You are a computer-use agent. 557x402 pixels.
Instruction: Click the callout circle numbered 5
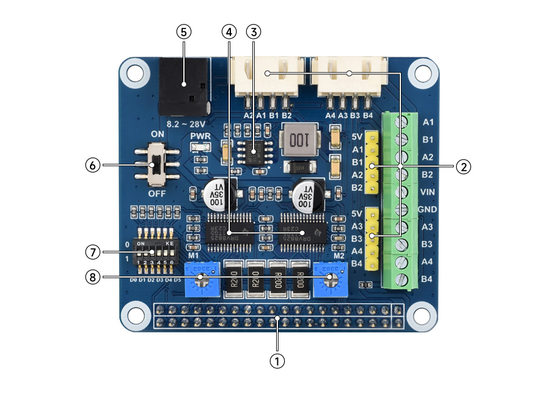click(x=183, y=32)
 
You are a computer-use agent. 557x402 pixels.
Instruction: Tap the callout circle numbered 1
click(x=277, y=360)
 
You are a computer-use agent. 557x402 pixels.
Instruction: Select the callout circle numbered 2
click(x=462, y=166)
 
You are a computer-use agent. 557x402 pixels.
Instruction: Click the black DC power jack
click(x=183, y=86)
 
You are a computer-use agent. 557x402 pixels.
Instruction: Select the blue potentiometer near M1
click(x=200, y=278)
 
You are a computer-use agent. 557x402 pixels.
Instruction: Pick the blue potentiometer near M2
click(x=331, y=278)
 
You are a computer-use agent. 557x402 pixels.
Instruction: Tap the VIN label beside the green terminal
click(x=428, y=191)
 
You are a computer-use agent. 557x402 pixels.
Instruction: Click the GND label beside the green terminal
click(x=428, y=209)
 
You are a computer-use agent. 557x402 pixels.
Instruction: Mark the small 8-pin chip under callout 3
click(x=253, y=153)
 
